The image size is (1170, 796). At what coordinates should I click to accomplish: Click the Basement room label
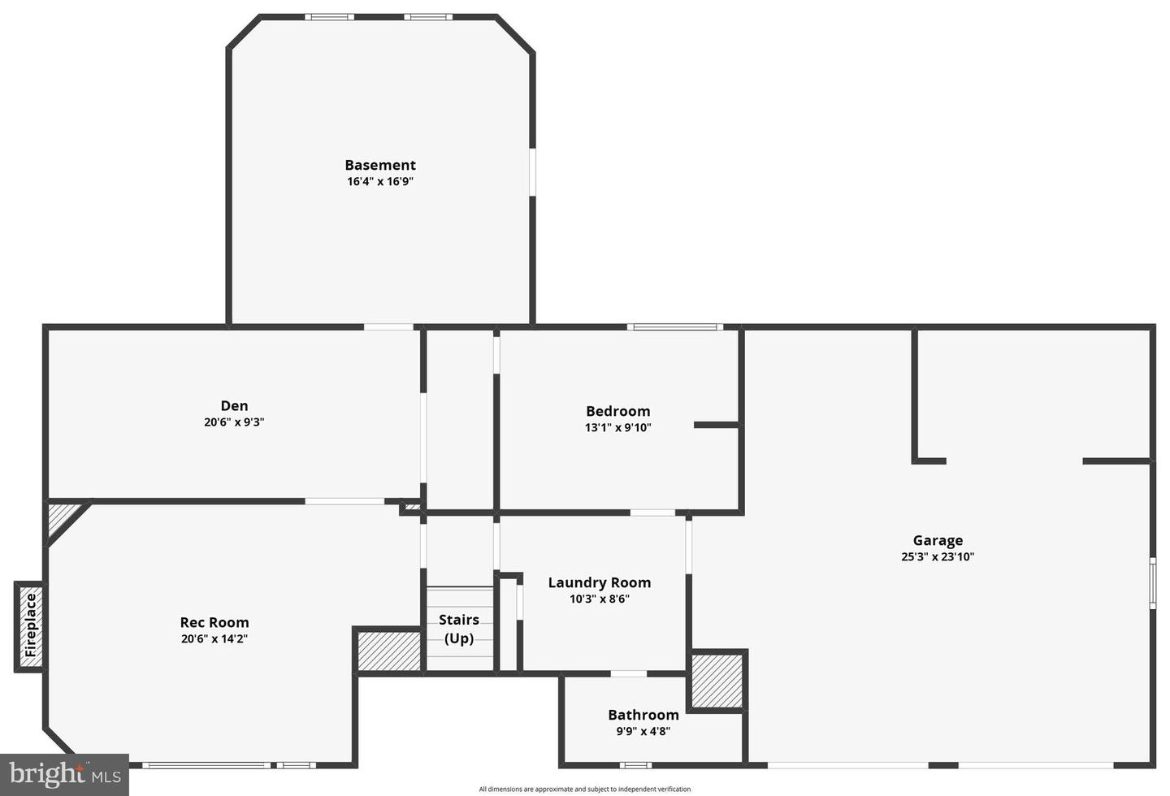(379, 165)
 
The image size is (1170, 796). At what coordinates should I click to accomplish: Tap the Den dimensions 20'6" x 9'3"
(234, 422)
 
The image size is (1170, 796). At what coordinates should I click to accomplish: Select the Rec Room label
(214, 623)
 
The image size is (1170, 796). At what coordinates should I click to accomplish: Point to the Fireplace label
(31, 625)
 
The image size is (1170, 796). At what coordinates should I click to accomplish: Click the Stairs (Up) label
(459, 629)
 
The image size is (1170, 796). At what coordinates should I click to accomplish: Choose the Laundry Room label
(599, 582)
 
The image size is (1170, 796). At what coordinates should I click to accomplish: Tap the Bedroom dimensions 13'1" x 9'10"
(617, 428)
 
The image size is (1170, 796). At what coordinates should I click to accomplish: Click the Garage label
(938, 540)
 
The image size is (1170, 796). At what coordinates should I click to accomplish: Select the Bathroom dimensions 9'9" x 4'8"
(643, 731)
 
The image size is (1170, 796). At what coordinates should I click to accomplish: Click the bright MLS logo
(64, 775)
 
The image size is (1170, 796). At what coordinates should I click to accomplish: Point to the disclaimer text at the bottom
(584, 789)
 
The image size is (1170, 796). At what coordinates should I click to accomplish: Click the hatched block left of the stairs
(389, 650)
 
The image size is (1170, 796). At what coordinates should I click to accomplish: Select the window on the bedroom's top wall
(674, 327)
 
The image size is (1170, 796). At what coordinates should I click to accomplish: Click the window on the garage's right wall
(1152, 582)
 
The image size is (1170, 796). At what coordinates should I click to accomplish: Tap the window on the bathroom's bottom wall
(635, 764)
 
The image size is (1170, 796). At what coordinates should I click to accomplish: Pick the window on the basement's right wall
(532, 171)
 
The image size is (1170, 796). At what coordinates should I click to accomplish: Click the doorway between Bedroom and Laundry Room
(652, 513)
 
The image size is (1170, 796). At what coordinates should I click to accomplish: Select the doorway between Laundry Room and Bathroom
(628, 673)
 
